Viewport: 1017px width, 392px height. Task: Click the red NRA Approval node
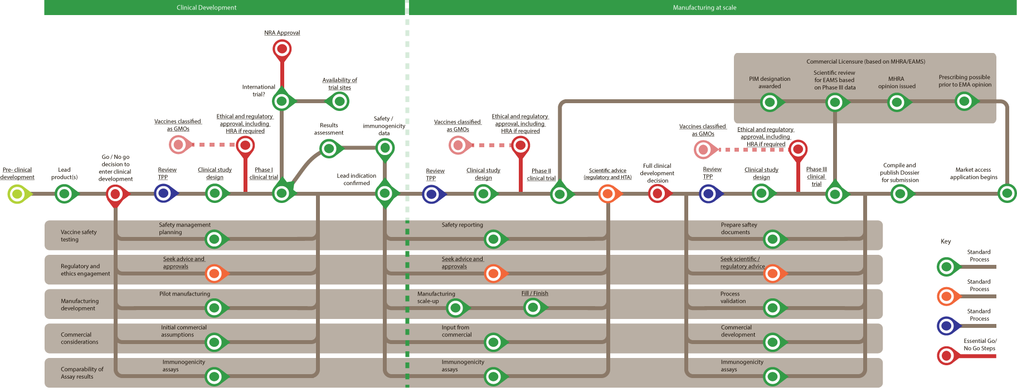click(x=282, y=49)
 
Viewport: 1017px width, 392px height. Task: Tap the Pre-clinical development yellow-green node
click(x=17, y=194)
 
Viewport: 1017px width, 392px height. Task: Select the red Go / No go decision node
click(x=115, y=194)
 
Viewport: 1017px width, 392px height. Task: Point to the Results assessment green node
click(x=329, y=148)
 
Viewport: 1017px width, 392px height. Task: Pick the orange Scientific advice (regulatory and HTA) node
click(x=607, y=194)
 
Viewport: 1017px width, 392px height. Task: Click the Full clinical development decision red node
click(x=658, y=194)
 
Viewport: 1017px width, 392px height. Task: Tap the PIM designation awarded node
click(x=770, y=102)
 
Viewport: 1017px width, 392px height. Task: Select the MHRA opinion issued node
click(x=897, y=102)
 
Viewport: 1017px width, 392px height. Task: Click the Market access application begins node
click(x=1007, y=193)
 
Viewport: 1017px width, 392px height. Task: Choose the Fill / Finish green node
click(x=533, y=307)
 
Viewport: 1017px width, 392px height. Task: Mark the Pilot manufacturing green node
click(x=215, y=307)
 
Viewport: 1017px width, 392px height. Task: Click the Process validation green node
click(x=772, y=307)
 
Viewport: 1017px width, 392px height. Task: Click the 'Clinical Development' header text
click(x=206, y=8)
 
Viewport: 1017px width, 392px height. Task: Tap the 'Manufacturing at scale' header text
click(x=704, y=8)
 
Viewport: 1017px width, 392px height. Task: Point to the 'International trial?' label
click(x=259, y=90)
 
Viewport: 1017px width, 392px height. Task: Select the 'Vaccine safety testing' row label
click(x=79, y=235)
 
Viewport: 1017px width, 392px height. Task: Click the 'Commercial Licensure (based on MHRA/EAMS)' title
click(x=865, y=61)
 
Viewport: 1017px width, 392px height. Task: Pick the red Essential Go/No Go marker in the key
click(x=947, y=355)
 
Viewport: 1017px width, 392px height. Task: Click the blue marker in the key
click(x=947, y=326)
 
